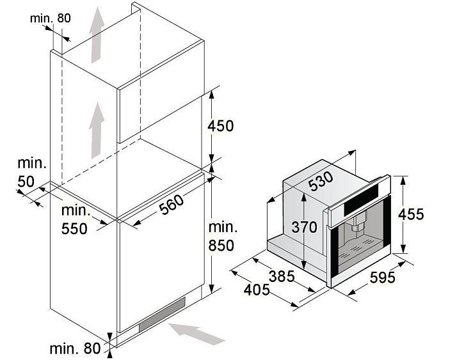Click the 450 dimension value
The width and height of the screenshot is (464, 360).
pyautogui.click(x=221, y=126)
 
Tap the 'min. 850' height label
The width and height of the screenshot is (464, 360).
pyautogui.click(x=221, y=235)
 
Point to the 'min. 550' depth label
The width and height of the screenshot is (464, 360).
pyautogui.click(x=74, y=219)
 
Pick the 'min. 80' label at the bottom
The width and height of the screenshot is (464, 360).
pyautogui.click(x=75, y=348)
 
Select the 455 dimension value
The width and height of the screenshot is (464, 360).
pyautogui.click(x=411, y=214)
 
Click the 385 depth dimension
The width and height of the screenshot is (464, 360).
pyautogui.click(x=281, y=276)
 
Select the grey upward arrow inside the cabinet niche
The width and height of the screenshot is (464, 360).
pyautogui.click(x=97, y=130)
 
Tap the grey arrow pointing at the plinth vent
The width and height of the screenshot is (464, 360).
pyautogui.click(x=195, y=333)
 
